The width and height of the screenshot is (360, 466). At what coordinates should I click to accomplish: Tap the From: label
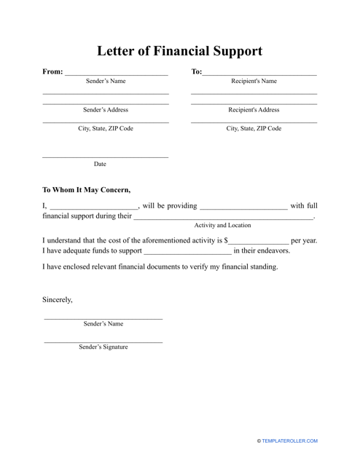[x=52, y=72]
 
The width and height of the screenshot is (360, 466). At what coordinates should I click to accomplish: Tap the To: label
[x=196, y=72]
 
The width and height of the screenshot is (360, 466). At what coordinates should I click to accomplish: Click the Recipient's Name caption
[x=254, y=82]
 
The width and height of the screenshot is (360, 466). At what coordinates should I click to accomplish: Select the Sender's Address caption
[x=106, y=110]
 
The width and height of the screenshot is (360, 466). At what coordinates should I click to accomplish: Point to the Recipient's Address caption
[x=254, y=110]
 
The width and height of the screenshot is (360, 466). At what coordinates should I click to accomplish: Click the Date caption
[x=100, y=165]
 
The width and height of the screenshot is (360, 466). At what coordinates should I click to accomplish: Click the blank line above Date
[x=105, y=157]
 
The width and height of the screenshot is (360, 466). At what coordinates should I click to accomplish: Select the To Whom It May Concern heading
[x=86, y=191]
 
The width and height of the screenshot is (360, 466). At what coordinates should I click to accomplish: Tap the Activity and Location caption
[x=222, y=226]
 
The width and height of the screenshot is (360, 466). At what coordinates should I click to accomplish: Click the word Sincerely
[x=58, y=299]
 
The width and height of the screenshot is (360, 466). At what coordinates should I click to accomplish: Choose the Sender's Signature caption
[x=103, y=347]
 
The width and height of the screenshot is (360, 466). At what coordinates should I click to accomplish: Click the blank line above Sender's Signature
[x=103, y=341]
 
